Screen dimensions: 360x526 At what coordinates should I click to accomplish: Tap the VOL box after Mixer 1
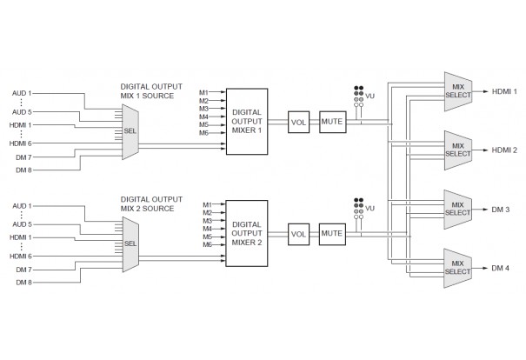point(300,123)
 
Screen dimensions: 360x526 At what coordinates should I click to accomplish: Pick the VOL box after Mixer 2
point(300,234)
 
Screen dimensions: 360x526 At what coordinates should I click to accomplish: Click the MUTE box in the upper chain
point(332,123)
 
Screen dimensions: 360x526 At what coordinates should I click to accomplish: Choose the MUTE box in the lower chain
point(332,234)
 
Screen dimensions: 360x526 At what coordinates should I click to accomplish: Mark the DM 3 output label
point(499,209)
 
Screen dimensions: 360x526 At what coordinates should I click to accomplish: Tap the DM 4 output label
point(499,268)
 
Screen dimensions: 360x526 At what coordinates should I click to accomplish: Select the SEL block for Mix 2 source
point(131,244)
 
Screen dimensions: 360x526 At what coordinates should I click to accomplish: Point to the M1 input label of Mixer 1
point(203,92)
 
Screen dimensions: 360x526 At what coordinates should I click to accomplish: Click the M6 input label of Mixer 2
point(208,245)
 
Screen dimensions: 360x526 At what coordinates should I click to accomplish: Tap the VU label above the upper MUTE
point(371,95)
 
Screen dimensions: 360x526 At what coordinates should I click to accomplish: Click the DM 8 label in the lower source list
point(23,283)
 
